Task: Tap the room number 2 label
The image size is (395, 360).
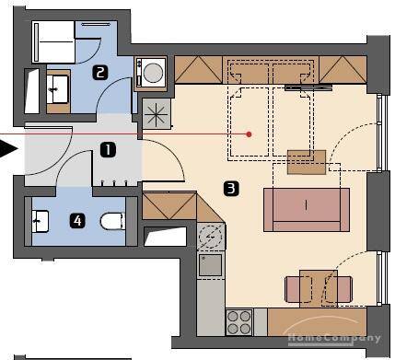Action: click(99, 71)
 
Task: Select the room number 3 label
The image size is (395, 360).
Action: click(231, 189)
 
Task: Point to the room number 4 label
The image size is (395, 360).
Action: click(79, 221)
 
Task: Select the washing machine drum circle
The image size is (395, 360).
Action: click(151, 71)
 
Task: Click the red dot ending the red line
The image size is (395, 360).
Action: click(250, 134)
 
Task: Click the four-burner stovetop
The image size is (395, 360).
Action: click(240, 322)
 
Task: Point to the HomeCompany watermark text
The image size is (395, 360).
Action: click(335, 338)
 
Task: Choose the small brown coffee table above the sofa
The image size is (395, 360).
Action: click(307, 161)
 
